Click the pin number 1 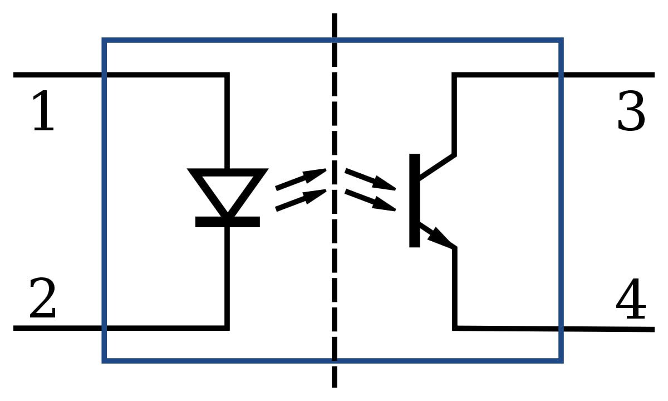pos(43,111)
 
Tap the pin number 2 pos(43,298)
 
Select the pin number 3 pos(631,111)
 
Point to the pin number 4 pos(631,298)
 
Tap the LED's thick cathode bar pos(228,222)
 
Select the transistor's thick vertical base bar pos(415,200)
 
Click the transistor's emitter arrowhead pos(440,238)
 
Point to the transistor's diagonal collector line pos(437,167)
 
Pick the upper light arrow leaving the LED pos(301,179)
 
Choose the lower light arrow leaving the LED pos(301,200)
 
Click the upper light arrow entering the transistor pos(370,179)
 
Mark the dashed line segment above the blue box pos(335,26)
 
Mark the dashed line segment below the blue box pos(335,375)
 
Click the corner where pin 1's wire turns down pos(227,75)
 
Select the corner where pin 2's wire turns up pos(227,328)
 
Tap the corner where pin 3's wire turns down pos(454,75)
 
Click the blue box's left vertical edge pos(105,200)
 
